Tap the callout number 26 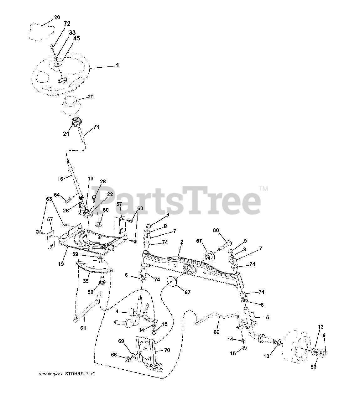coord(57,18)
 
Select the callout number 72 coord(67,23)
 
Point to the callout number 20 coord(90,97)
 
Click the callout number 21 coord(66,134)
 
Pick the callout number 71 coord(97,127)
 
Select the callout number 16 coord(60,179)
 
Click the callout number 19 coord(61,264)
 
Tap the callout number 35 coord(86,281)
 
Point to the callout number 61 coord(83,328)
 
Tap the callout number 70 coord(167,350)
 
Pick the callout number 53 coord(314,367)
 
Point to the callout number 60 coord(106,210)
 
